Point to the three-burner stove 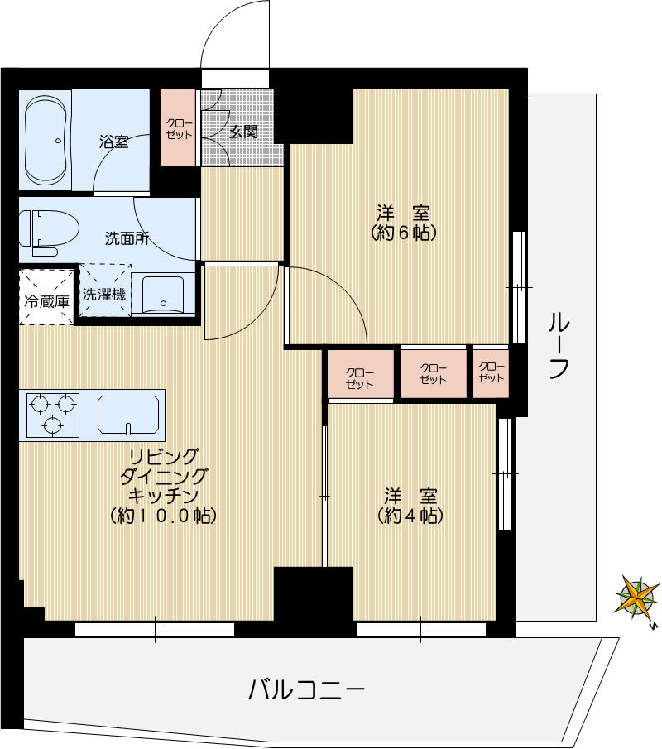click(x=52, y=415)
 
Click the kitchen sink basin click(x=127, y=414)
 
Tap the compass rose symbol click(x=636, y=597)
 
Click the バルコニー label click(x=306, y=689)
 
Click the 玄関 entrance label click(x=242, y=132)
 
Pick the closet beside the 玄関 click(x=179, y=127)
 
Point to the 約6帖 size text click(x=403, y=233)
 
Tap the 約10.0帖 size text click(x=163, y=516)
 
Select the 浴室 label click(x=113, y=141)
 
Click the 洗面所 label click(x=127, y=239)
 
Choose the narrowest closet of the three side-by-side click(x=491, y=373)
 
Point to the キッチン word click(x=163, y=497)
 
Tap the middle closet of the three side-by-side click(x=433, y=374)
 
